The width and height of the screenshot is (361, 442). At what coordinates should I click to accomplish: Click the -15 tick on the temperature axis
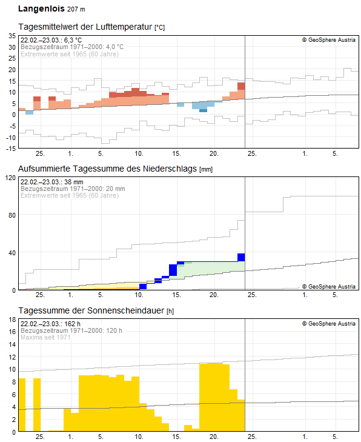10,148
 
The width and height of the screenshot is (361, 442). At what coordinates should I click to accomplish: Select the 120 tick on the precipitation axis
10,178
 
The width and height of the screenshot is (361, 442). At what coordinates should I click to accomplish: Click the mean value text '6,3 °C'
73,40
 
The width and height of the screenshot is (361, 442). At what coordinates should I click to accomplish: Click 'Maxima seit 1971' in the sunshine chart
45,337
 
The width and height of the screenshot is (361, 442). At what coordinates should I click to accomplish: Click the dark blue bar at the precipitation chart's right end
241,257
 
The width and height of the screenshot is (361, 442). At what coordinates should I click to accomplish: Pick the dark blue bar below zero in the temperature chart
203,110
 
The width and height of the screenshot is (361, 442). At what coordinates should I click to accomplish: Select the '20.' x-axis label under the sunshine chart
214,437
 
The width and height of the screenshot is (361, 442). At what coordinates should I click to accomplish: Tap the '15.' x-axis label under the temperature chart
176,153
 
